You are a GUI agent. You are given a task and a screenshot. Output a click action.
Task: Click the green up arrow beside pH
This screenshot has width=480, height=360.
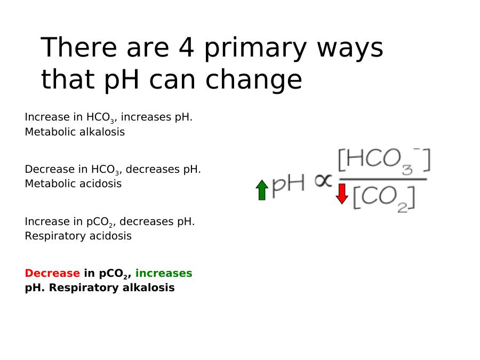click(x=262, y=190)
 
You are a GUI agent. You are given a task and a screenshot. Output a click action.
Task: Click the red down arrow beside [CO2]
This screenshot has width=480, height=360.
click(x=342, y=194)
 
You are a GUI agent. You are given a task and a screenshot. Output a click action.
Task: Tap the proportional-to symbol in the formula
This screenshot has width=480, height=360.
click(x=323, y=181)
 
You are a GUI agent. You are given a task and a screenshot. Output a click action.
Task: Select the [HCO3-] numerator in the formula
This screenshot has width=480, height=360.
click(x=384, y=161)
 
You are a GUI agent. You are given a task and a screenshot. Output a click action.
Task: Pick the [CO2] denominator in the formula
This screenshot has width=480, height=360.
click(x=384, y=198)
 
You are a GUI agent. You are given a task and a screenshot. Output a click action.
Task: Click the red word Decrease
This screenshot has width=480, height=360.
click(x=52, y=273)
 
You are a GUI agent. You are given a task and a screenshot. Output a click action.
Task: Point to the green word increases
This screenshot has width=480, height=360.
click(x=164, y=273)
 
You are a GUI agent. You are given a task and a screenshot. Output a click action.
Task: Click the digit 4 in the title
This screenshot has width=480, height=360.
click(x=187, y=47)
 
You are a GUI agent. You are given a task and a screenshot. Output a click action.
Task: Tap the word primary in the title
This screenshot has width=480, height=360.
click(x=255, y=49)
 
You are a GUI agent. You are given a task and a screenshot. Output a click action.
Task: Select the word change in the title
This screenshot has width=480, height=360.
click(x=254, y=80)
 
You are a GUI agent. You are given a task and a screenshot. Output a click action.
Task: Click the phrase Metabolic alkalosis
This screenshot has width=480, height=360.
click(x=75, y=132)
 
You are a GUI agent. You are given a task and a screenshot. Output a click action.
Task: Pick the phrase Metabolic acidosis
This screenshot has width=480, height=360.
click(x=73, y=183)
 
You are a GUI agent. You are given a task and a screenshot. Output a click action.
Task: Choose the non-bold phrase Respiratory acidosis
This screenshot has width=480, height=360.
click(x=78, y=236)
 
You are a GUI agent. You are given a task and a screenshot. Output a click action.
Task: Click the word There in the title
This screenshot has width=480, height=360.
click(x=79, y=47)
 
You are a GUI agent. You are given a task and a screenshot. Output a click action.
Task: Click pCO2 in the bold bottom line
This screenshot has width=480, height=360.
click(x=113, y=274)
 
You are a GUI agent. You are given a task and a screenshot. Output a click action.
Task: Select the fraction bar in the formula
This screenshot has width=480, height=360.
click(x=383, y=179)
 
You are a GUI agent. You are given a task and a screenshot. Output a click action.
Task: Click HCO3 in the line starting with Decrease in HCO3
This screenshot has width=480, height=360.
click(x=105, y=170)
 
